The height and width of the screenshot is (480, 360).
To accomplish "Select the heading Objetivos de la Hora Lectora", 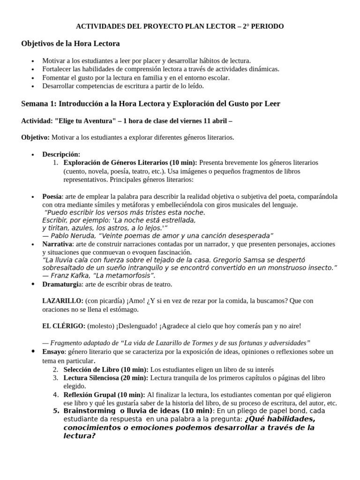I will click(70, 44).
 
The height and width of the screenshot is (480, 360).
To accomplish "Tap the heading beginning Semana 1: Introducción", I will click(150, 104).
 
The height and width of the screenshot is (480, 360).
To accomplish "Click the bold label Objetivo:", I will click(35, 137).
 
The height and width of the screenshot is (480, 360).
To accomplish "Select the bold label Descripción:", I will click(61, 154).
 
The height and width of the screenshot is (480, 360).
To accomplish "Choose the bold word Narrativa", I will click(57, 244).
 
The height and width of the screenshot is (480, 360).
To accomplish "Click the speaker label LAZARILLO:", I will click(63, 300).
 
